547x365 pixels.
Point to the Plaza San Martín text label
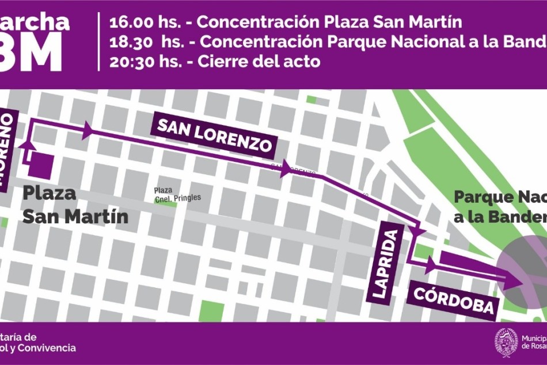pos(74,205)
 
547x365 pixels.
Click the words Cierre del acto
pos(259,62)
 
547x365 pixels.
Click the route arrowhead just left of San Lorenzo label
pos(88,130)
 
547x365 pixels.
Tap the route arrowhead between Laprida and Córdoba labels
pos(431,265)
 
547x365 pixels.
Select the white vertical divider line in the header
pos(99,41)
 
